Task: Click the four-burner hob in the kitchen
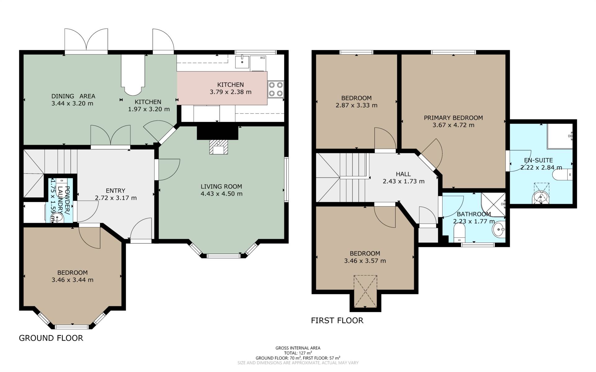tap(276, 89)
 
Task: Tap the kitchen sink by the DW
tap(242, 61)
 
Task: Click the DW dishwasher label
tap(262, 58)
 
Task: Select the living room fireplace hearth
tap(219, 147)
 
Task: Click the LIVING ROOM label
tap(221, 186)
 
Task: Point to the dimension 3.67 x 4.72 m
tap(453, 125)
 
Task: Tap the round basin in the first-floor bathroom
tap(499, 230)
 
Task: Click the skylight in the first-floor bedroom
tap(365, 291)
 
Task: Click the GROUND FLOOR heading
tap(51, 338)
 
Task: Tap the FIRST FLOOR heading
tap(337, 320)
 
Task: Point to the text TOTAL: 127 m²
tap(298, 353)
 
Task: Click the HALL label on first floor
tap(403, 174)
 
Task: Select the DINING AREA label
tap(73, 96)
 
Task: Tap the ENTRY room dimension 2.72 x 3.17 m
tap(116, 198)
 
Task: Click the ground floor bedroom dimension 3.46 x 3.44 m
tap(72, 280)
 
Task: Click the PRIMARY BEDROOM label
tap(453, 118)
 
